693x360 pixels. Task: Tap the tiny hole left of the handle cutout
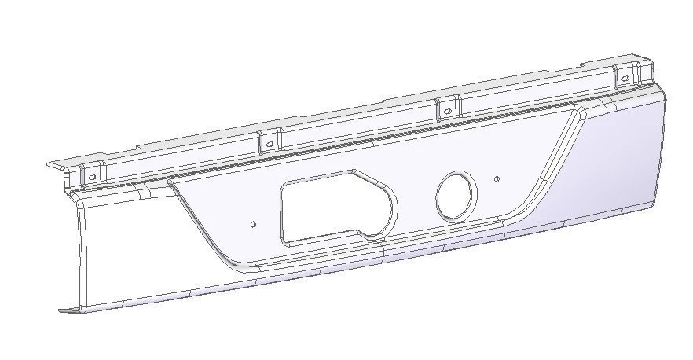(252, 224)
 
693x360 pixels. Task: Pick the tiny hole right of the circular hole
(497, 179)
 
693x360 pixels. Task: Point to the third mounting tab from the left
(446, 108)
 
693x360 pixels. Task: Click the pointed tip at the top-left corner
(49, 165)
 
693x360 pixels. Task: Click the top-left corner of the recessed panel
(170, 182)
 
